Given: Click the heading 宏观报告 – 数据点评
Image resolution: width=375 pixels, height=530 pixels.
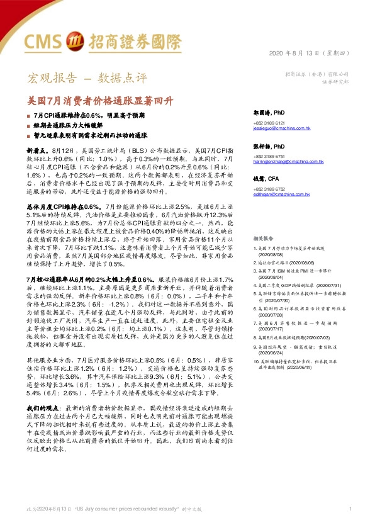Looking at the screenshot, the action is [86, 79].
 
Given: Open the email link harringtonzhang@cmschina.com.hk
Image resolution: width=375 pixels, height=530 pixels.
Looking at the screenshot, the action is [288, 162].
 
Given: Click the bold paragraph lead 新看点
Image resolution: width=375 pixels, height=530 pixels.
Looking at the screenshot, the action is [37, 152].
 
